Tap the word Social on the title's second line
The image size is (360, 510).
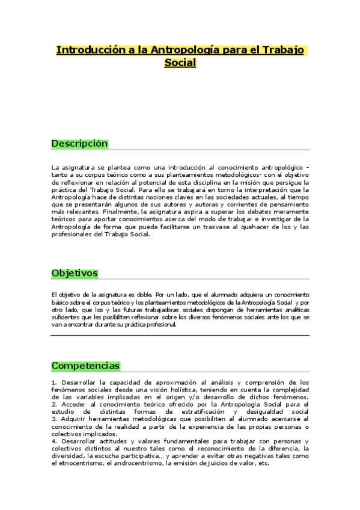(x=180, y=63)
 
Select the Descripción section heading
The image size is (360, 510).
(x=79, y=144)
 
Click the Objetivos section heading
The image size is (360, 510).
(x=75, y=273)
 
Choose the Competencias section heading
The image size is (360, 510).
(x=85, y=366)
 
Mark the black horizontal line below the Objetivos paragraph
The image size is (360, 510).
(x=180, y=336)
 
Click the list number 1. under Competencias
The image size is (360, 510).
(x=54, y=382)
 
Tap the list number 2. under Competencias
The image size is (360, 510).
(x=54, y=404)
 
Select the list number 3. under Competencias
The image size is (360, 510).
(x=54, y=419)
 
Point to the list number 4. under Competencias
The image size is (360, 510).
(x=54, y=441)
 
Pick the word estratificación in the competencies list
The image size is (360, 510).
(x=191, y=411)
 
